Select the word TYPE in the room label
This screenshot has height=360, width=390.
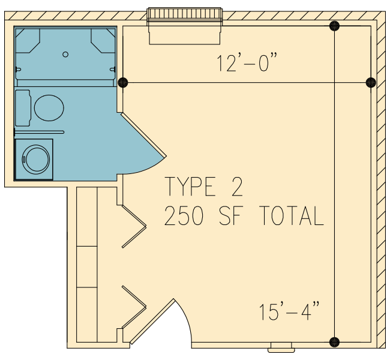click(x=190, y=187)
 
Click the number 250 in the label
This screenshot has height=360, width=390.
click(x=184, y=216)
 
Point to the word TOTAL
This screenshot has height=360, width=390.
click(x=292, y=216)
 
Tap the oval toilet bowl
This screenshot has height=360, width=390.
click(x=49, y=108)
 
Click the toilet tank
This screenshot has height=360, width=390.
click(x=23, y=108)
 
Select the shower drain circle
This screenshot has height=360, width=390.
click(x=65, y=54)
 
